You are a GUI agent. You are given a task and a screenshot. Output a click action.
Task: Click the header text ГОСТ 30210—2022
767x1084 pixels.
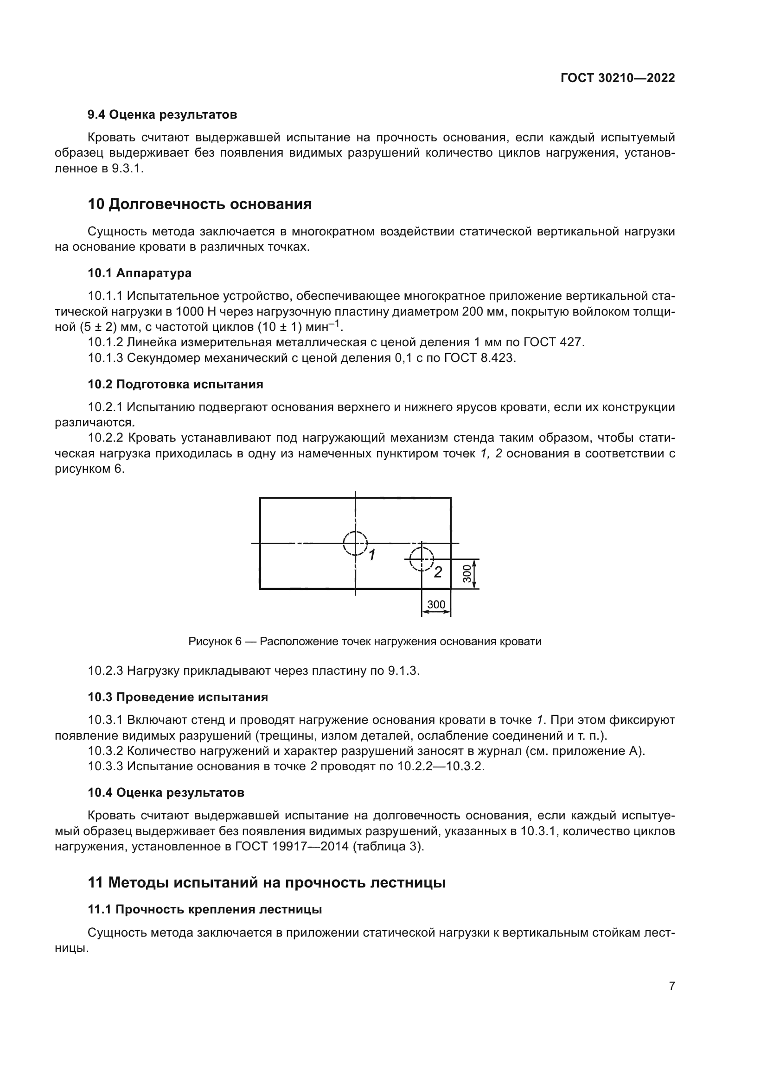click(x=617, y=78)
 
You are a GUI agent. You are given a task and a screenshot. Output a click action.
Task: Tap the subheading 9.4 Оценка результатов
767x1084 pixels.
click(x=162, y=115)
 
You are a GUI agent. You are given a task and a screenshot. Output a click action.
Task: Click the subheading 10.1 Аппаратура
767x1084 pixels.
click(x=139, y=273)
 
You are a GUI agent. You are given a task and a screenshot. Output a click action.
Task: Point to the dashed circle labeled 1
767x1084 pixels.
click(x=355, y=543)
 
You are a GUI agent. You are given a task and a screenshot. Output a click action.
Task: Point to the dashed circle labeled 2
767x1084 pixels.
click(x=421, y=559)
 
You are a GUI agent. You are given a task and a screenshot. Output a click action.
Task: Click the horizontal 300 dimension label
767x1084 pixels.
click(x=436, y=604)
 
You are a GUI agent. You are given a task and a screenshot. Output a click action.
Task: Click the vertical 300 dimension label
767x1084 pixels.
click(x=467, y=574)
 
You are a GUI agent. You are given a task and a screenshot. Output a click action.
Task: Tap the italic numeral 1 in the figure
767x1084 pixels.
click(x=372, y=555)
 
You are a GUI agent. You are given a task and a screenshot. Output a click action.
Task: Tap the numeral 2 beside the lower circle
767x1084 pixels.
click(x=438, y=572)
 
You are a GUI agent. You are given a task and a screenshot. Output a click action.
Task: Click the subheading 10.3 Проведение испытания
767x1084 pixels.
click(x=178, y=697)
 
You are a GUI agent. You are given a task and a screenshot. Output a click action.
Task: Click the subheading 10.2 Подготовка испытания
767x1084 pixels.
click(x=175, y=384)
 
